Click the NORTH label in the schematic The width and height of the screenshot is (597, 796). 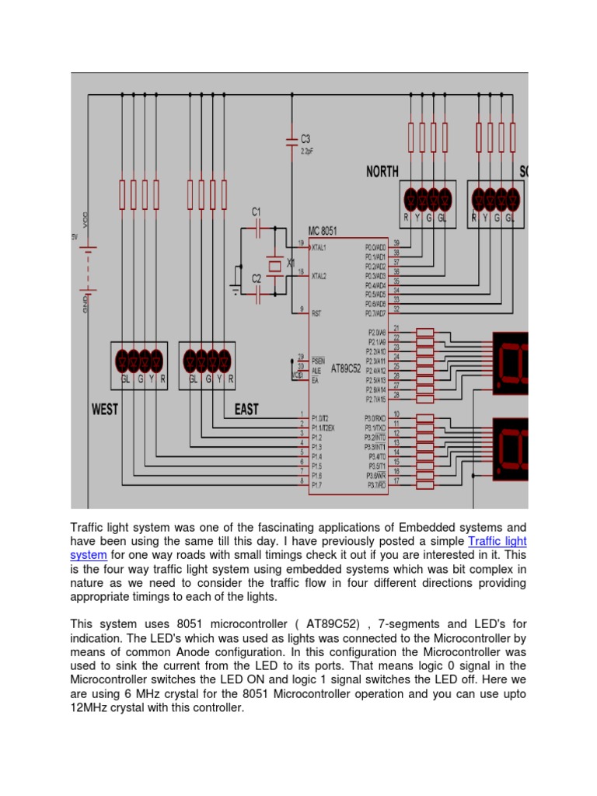382,172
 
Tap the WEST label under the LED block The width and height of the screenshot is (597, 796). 105,408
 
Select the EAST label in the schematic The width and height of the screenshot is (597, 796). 246,408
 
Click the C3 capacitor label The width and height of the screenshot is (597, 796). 306,139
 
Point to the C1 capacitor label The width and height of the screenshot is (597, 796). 257,211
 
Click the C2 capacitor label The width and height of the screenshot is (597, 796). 257,278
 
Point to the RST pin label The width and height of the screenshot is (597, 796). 316,313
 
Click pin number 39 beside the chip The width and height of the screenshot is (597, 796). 396,243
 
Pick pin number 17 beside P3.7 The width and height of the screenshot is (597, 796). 396,480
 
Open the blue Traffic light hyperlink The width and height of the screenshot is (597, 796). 497,541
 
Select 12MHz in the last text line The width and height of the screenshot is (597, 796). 93,708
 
